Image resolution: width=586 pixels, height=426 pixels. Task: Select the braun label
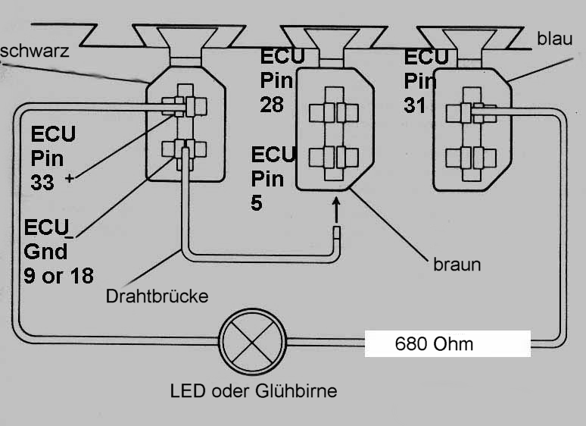click(x=457, y=265)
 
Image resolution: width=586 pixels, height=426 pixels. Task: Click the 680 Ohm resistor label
click(x=434, y=344)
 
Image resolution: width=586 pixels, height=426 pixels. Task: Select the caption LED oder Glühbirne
click(x=254, y=391)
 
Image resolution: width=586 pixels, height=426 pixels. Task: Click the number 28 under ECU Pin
click(x=273, y=104)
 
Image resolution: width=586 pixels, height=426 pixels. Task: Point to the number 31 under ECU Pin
click(x=416, y=104)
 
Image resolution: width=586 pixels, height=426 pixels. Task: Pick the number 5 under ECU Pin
click(x=257, y=204)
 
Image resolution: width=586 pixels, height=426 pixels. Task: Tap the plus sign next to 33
click(x=70, y=178)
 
